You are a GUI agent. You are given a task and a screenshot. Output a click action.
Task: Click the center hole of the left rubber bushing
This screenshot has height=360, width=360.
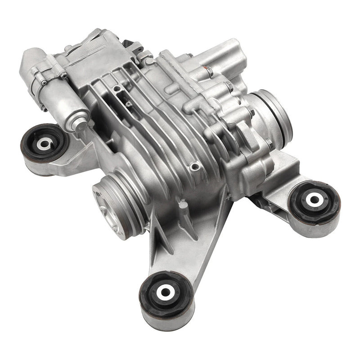[x=44, y=144]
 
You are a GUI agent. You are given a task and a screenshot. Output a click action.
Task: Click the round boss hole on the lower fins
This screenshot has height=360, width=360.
[x=194, y=167]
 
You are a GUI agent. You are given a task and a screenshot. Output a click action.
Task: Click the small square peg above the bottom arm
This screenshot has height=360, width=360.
[x=182, y=205]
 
